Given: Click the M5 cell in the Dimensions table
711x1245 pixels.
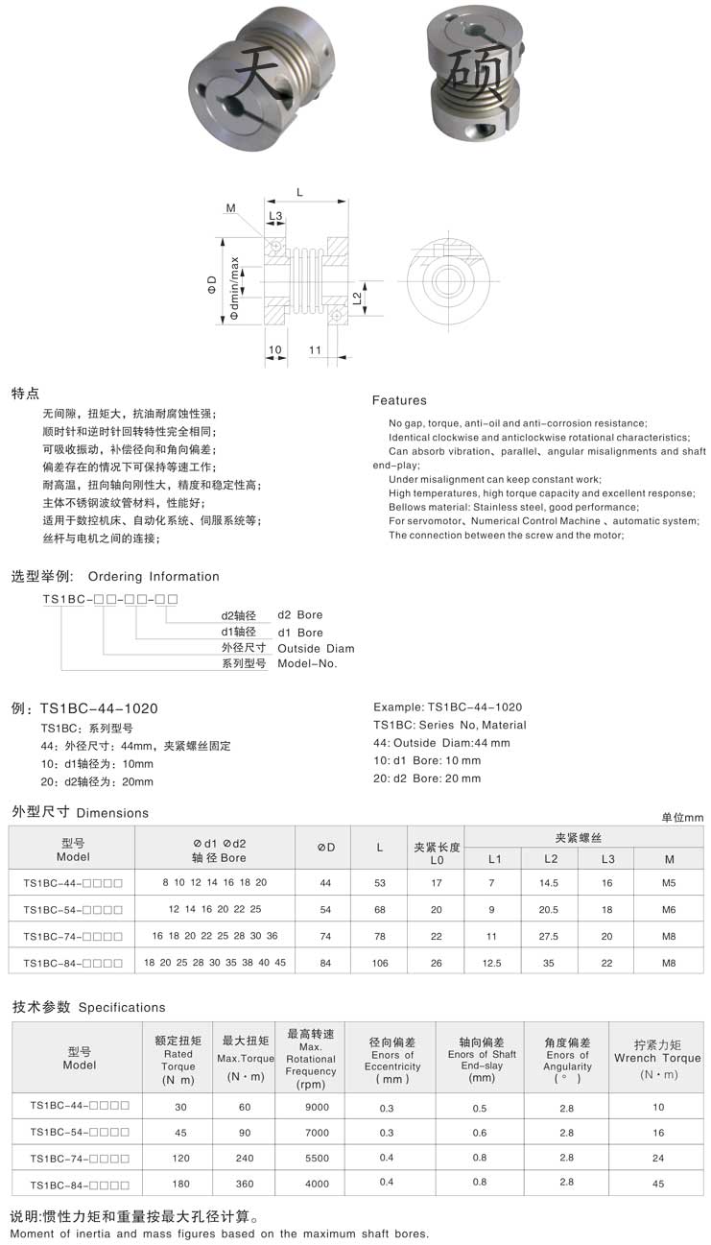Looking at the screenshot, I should [669, 882].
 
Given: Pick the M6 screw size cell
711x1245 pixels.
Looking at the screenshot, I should [669, 909].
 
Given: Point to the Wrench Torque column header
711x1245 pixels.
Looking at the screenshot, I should [657, 1058].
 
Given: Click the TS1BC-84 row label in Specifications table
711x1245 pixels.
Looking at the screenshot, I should [80, 1184].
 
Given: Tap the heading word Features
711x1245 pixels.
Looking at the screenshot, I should [399, 400].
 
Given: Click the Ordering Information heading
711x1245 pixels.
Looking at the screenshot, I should [154, 577].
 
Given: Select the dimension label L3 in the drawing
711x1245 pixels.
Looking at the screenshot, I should [275, 217].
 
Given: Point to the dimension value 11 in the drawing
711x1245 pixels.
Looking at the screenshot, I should [315, 351].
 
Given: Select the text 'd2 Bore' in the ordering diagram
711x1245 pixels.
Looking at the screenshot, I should [300, 614].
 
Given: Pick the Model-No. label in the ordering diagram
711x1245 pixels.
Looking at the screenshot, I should [307, 663].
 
